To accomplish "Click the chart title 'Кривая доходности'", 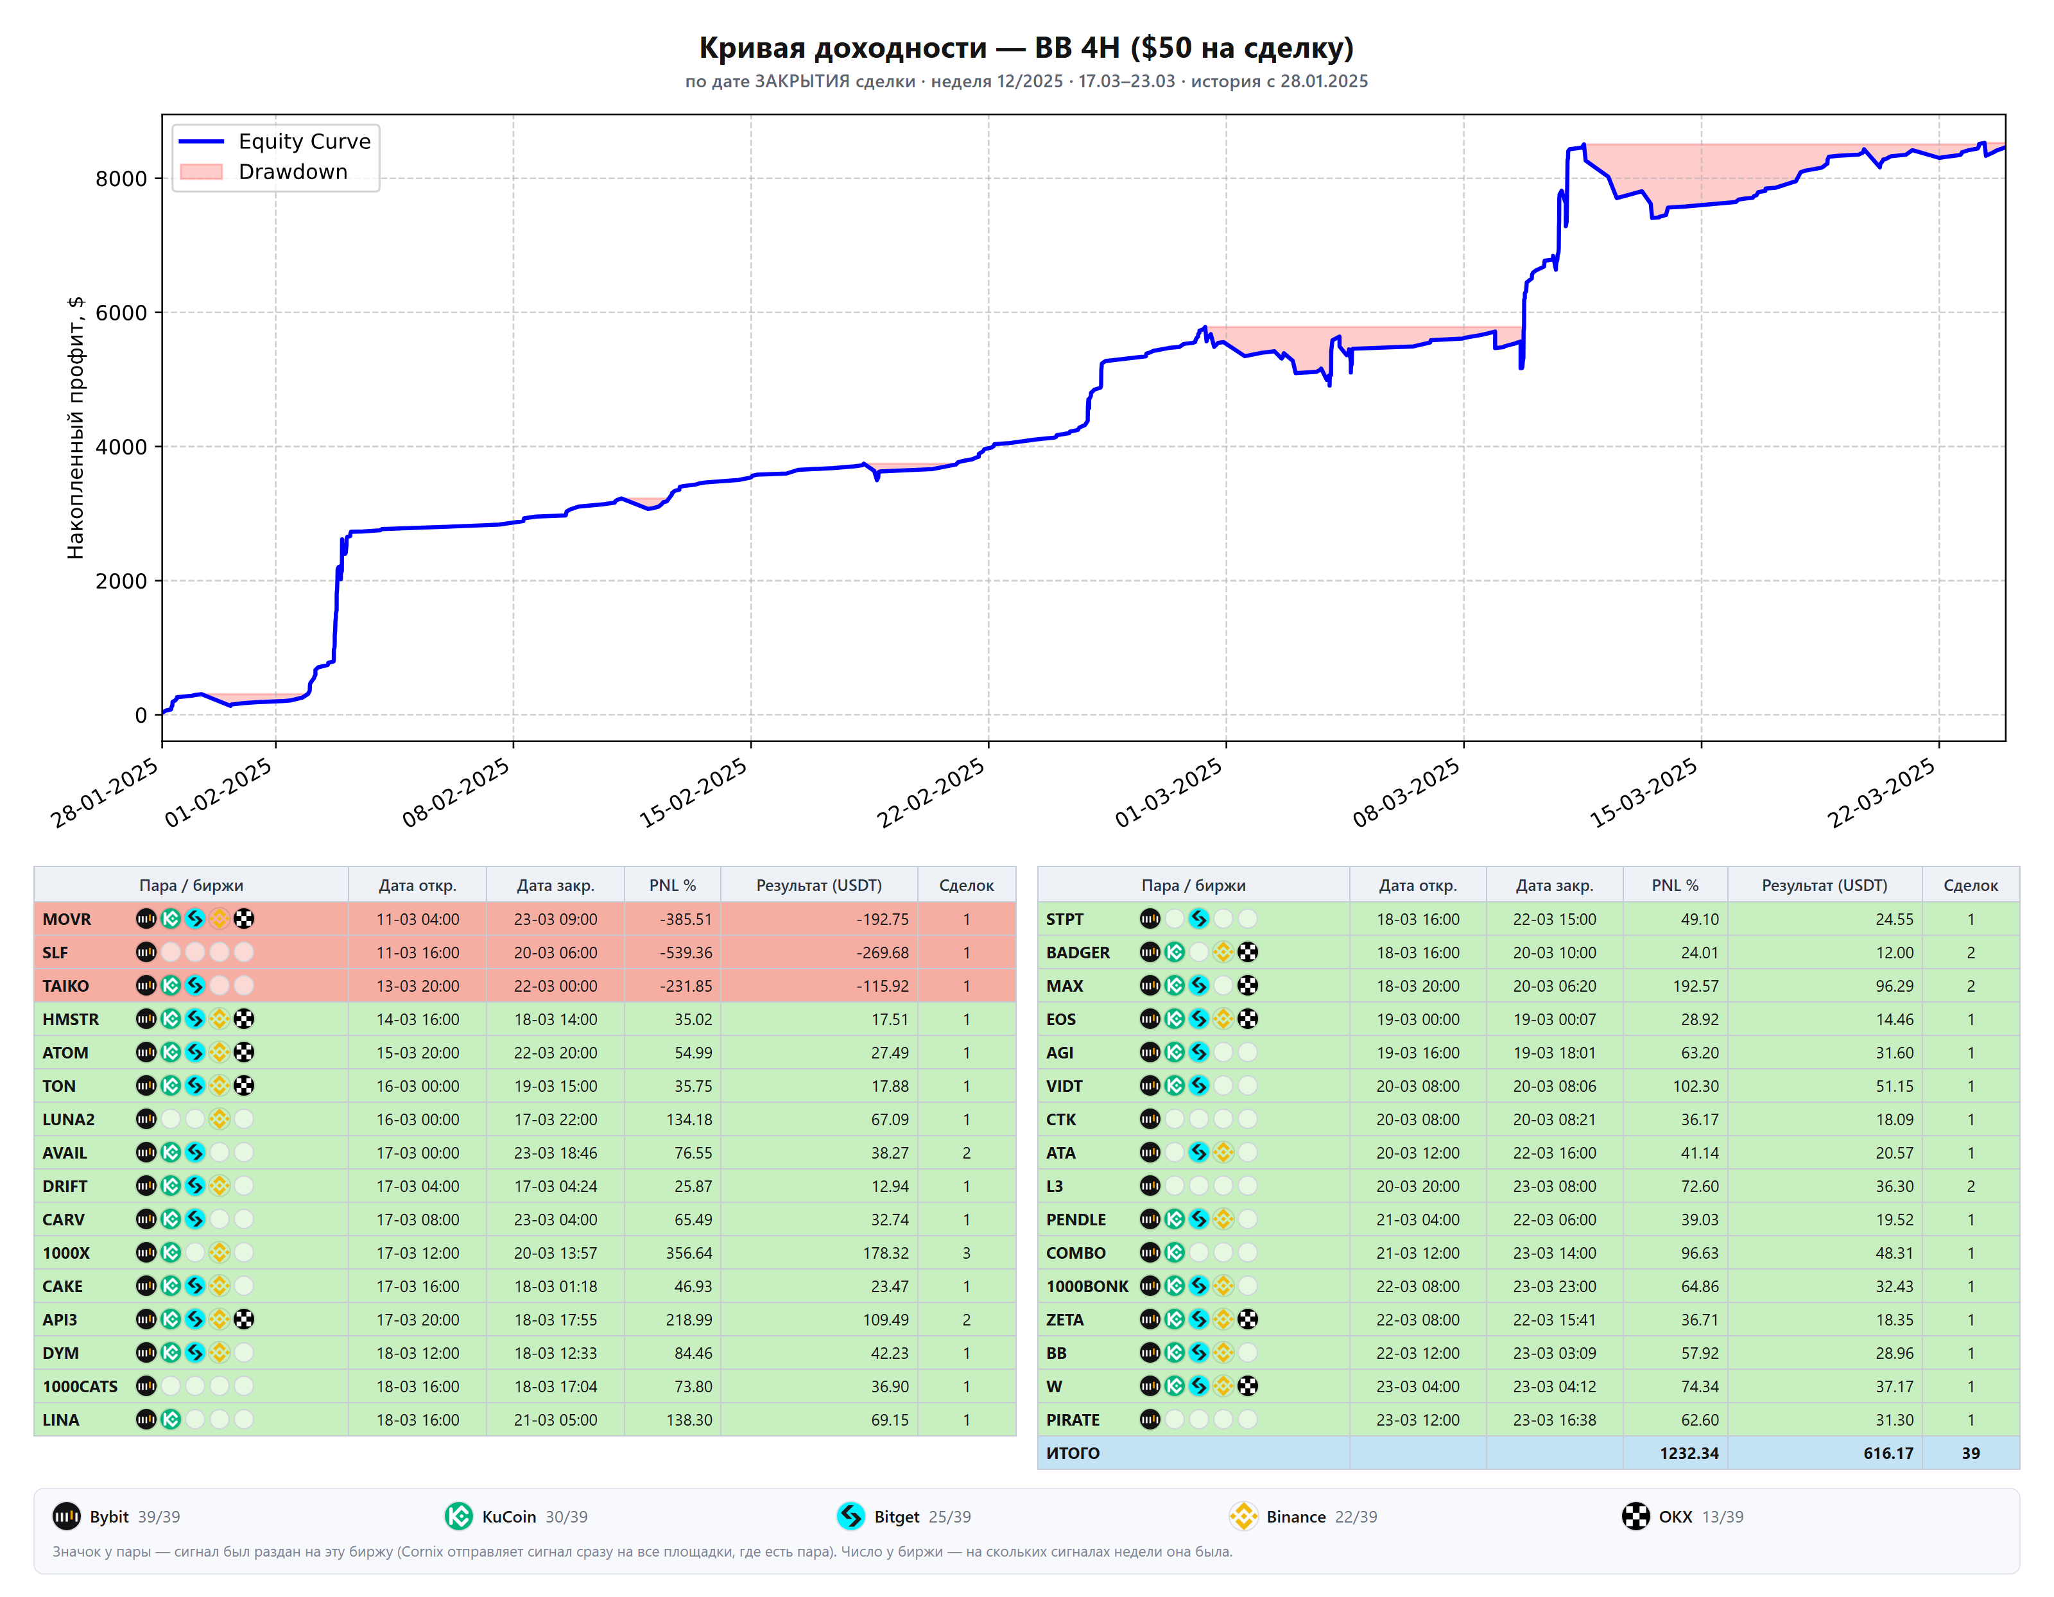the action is (843, 47).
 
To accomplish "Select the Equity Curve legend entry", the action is (275, 141).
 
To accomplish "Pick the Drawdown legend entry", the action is (263, 171).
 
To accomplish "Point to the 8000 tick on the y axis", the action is (121, 178).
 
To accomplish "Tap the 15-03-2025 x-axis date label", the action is (1644, 792).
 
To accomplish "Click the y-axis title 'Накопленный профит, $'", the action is (75, 428).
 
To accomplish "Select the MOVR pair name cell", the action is (67, 919).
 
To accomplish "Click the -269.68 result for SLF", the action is (882, 953).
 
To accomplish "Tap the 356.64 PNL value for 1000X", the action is (689, 1253).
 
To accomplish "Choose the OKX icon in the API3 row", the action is (243, 1320).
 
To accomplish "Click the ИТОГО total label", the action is (1073, 1453).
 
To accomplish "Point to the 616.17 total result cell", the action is (1888, 1453).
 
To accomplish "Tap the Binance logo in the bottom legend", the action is (1243, 1516).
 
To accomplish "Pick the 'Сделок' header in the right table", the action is (1971, 885).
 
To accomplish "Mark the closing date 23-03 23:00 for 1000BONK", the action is (1554, 1286).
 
